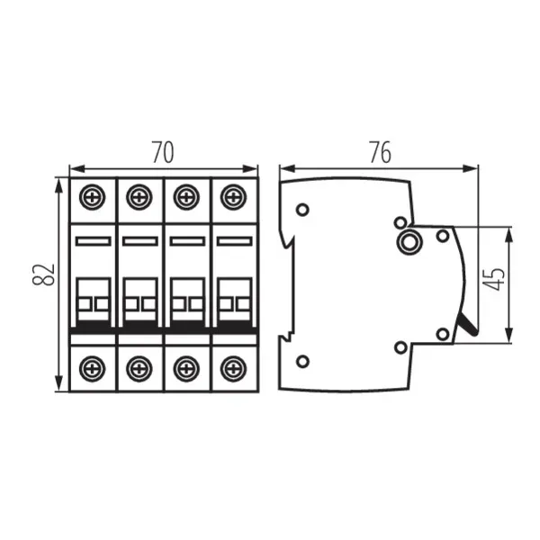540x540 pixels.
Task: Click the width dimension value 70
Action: click(x=162, y=153)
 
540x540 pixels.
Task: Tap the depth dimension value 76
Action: click(x=380, y=153)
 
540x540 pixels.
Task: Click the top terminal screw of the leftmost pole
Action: click(x=92, y=195)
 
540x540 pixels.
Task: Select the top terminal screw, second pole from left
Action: click(x=139, y=195)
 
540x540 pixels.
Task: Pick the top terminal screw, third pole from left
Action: click(x=186, y=195)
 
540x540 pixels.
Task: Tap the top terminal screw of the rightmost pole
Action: click(x=233, y=195)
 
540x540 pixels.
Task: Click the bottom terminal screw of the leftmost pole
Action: click(x=92, y=366)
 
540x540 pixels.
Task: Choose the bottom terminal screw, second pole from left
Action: click(x=139, y=366)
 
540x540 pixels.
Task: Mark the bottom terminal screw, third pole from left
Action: click(x=186, y=366)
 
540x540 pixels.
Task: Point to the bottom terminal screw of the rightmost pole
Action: click(x=233, y=366)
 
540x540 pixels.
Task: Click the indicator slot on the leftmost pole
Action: click(x=92, y=241)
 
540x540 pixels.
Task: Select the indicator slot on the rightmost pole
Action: click(x=233, y=241)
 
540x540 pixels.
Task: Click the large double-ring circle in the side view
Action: click(x=411, y=240)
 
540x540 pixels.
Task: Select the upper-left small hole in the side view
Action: click(x=302, y=210)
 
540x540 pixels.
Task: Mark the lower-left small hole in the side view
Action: click(x=302, y=361)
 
